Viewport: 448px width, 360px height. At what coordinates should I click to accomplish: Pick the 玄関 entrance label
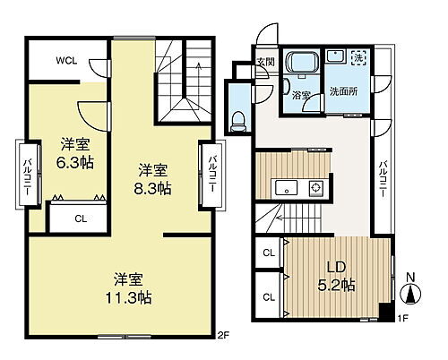pos(265,62)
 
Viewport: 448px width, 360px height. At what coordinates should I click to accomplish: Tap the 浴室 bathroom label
pos(302,92)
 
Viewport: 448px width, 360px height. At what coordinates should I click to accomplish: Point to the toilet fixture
pos(239,118)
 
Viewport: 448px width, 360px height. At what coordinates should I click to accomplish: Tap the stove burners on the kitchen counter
pos(315,188)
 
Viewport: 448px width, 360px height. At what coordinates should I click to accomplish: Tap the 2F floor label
pos(222,336)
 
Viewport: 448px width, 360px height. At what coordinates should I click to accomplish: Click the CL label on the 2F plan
pos(81,217)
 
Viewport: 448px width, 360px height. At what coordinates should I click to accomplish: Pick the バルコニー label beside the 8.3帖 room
pos(211,174)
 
